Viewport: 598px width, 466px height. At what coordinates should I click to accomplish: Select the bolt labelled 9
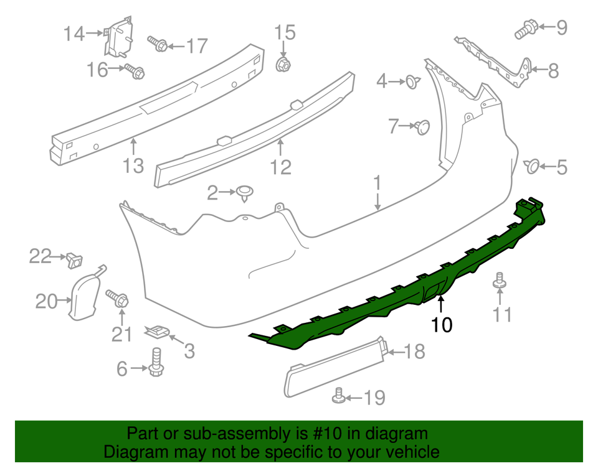(524, 29)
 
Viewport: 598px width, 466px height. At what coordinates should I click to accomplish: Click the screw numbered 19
(339, 396)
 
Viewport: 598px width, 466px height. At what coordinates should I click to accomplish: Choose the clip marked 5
(533, 166)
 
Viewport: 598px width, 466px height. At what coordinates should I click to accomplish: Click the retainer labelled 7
(422, 127)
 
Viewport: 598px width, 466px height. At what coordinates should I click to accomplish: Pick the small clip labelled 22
(75, 259)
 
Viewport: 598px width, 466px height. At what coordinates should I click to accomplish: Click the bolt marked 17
(157, 44)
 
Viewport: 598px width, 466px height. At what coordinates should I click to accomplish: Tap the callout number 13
(133, 165)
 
